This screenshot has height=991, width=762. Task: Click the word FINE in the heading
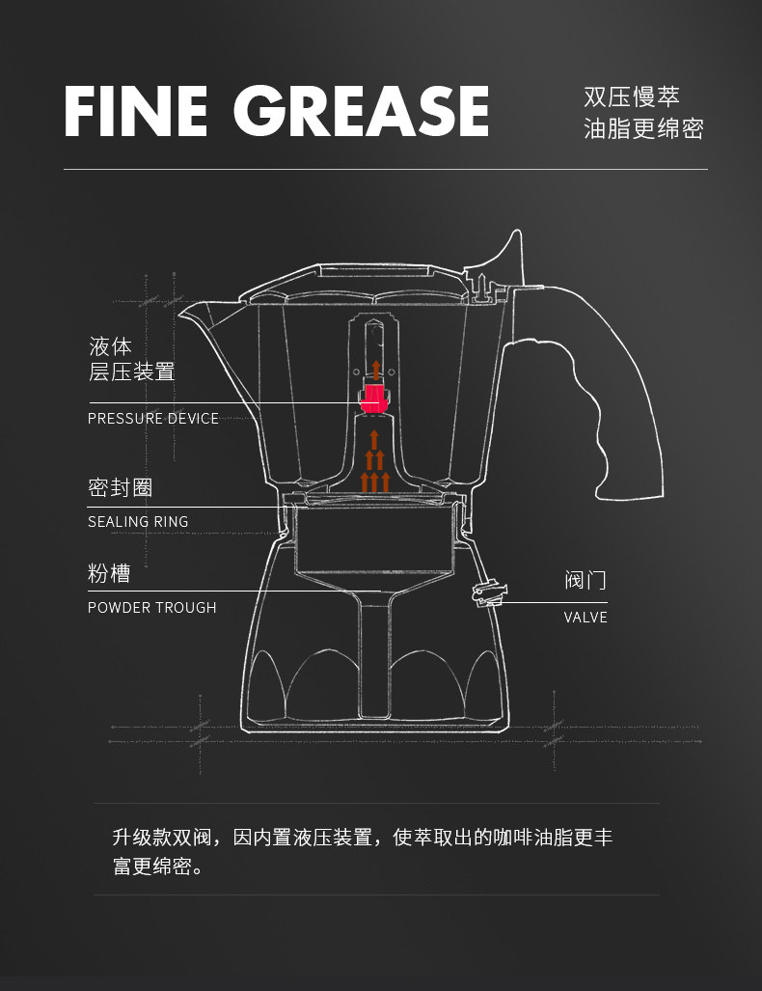[x=135, y=112]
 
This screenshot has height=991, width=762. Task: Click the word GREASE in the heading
[x=361, y=112]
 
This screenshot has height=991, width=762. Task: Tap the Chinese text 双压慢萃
[x=632, y=97]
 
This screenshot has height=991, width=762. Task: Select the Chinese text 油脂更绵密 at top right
[x=643, y=129]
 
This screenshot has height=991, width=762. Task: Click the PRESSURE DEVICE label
[x=153, y=419]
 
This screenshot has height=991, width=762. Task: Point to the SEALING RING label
[x=138, y=522]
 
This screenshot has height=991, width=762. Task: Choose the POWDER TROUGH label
[x=152, y=608]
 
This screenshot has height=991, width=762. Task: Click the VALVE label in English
[x=585, y=618]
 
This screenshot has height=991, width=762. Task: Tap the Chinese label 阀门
[x=585, y=581]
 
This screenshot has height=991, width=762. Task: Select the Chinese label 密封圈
[x=121, y=487]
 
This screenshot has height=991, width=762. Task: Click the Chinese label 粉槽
[x=109, y=574]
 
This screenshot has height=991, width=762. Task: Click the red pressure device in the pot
[x=373, y=397]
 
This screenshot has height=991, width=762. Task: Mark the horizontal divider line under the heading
[x=386, y=170]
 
